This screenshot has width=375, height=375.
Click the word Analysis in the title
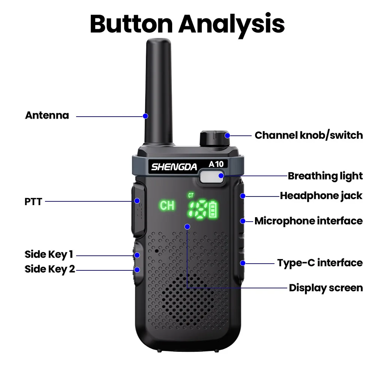click(231, 24)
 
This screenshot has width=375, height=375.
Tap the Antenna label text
click(47, 115)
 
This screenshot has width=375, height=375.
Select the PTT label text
click(33, 201)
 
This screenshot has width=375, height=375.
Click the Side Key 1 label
click(49, 254)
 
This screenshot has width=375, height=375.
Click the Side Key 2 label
click(50, 269)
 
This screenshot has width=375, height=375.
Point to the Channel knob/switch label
click(309, 135)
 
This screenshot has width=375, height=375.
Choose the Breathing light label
click(325, 176)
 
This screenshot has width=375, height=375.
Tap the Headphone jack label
click(321, 195)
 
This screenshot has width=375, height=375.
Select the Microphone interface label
click(309, 221)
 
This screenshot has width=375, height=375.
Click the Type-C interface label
click(320, 262)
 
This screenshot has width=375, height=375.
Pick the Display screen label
click(326, 288)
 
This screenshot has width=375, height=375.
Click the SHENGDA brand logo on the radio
click(174, 167)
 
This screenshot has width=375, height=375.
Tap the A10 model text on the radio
click(216, 164)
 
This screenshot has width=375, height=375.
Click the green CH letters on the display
click(167, 205)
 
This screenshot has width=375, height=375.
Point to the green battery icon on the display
click(213, 210)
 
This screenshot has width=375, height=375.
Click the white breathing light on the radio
click(211, 177)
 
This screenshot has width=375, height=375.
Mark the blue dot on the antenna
click(145, 116)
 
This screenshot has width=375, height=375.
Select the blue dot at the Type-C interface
click(243, 263)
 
